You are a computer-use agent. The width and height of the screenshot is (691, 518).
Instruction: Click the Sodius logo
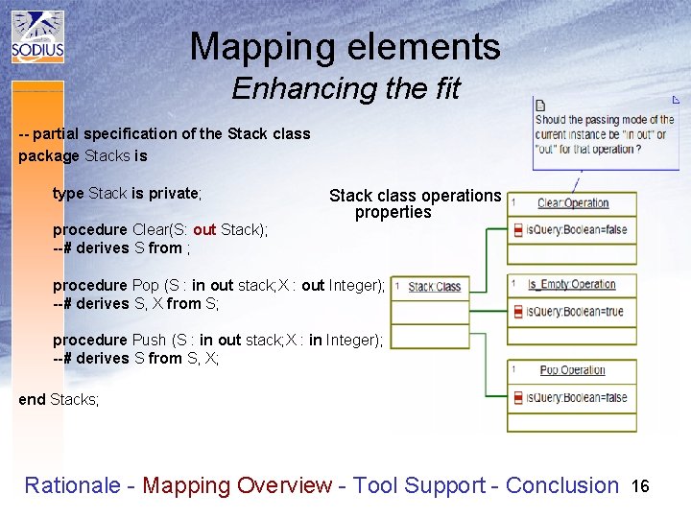(x=37, y=37)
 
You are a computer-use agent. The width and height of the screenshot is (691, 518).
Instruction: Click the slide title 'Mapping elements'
(x=345, y=46)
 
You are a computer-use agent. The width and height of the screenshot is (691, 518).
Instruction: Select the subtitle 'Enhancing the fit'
(x=345, y=89)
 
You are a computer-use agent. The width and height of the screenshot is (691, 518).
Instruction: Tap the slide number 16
(x=640, y=486)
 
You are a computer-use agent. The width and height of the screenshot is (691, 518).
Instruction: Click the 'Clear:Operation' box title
(x=573, y=203)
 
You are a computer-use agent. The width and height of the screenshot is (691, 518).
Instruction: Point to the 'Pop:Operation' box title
(x=572, y=370)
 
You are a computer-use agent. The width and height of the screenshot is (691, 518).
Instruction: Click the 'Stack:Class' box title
(x=434, y=287)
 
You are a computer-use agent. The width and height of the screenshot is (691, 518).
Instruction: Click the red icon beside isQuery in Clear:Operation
(x=518, y=230)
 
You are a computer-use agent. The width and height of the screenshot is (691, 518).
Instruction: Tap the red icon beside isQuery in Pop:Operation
(x=518, y=397)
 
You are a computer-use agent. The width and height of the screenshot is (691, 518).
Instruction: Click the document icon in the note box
(x=540, y=106)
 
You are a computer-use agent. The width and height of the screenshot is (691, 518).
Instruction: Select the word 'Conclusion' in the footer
(x=562, y=485)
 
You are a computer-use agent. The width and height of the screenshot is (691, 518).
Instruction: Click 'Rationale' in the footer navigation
(x=69, y=485)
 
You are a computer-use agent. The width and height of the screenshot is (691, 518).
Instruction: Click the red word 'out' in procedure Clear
(x=204, y=230)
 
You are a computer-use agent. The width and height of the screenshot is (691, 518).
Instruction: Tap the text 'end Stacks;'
(x=59, y=399)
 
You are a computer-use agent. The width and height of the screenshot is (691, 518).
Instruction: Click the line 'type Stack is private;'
(x=127, y=193)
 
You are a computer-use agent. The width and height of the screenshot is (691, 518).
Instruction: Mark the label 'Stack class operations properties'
(x=415, y=203)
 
